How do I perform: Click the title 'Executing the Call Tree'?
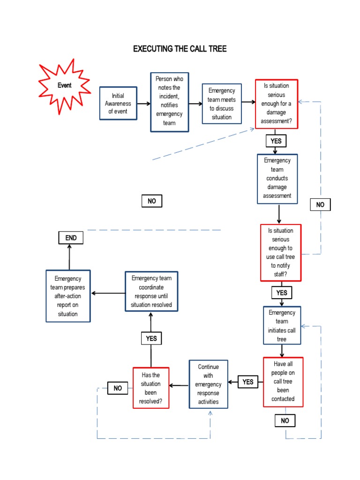[180, 49]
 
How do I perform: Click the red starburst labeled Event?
[65, 86]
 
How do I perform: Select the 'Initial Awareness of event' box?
[118, 104]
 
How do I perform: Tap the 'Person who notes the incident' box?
[169, 102]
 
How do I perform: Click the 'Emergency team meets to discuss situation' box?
[221, 104]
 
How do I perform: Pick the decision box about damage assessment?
[277, 104]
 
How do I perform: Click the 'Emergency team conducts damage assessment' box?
[277, 179]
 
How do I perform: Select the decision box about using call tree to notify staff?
[280, 252]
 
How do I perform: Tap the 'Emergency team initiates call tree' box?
[282, 326]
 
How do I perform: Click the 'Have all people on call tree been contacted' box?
[283, 382]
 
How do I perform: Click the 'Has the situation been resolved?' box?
[150, 388]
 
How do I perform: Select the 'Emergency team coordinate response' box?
[151, 292]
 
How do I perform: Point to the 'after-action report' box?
[68, 296]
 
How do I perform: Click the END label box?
[71, 238]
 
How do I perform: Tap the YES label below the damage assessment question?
[275, 141]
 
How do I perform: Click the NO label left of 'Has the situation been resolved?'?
[117, 388]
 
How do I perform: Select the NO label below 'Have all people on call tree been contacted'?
[285, 421]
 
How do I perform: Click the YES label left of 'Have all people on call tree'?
[248, 382]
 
